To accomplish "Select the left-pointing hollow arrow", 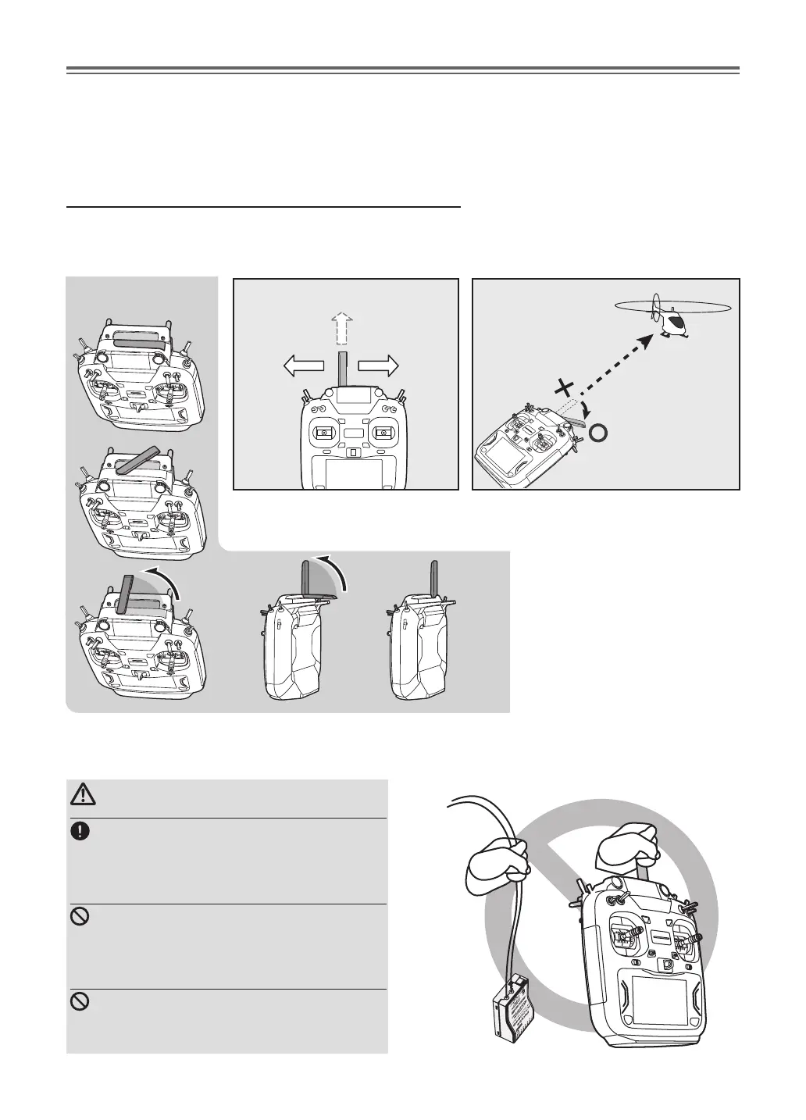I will pos(303,365).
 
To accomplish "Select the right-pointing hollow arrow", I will pos(379,365).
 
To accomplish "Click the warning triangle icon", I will pos(80,796).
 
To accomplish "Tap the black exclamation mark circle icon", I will pos(79,832).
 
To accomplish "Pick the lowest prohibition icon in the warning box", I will pos(79,1002).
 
